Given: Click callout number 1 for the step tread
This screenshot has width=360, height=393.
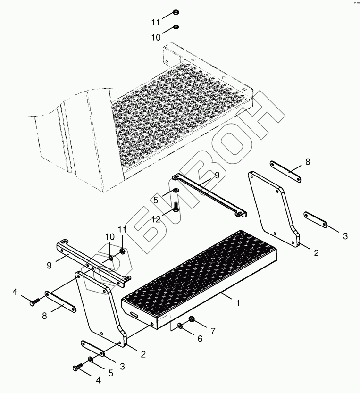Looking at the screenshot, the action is click(x=238, y=303).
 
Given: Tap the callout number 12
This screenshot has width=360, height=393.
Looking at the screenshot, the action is click(x=156, y=220).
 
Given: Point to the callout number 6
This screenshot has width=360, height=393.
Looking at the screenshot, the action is click(x=200, y=339).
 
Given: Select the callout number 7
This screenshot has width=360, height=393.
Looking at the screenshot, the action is click(x=213, y=331).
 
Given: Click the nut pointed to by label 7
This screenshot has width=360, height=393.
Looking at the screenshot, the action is click(x=192, y=319).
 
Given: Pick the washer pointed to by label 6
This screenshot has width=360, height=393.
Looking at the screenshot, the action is click(x=180, y=326).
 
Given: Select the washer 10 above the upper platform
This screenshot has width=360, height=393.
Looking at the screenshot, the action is click(x=176, y=26).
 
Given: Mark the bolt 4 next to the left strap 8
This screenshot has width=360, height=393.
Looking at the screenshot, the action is click(x=34, y=301).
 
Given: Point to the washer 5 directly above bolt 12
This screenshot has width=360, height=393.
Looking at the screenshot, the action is click(x=176, y=191).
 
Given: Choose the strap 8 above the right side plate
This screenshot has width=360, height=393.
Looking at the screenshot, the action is click(x=285, y=172).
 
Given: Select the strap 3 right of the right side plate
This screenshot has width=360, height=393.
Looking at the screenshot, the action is click(x=316, y=220).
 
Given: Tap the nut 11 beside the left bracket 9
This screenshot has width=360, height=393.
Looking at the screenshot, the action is click(x=122, y=251).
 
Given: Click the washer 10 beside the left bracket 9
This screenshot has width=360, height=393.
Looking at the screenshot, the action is click(x=111, y=258).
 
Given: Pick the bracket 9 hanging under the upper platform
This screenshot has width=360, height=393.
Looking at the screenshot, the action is click(x=209, y=195).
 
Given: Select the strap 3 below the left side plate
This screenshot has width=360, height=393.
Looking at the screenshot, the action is click(x=92, y=348).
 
